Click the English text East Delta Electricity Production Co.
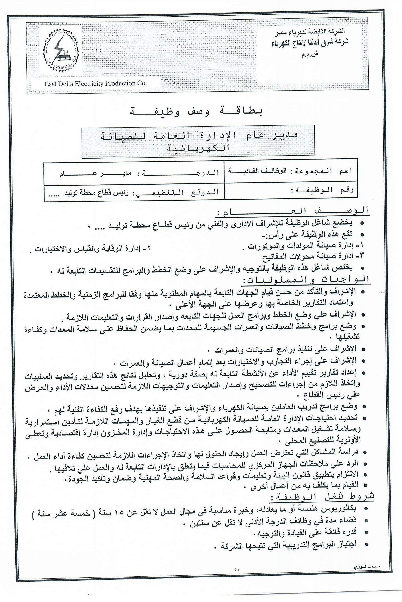pyautogui.click(x=95, y=84)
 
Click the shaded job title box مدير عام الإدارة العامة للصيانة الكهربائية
pyautogui.click(x=198, y=142)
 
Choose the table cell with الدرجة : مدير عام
pyautogui.click(x=134, y=173)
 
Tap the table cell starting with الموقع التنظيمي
pyautogui.click(x=134, y=192)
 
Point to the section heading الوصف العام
pyautogui.click(x=292, y=211)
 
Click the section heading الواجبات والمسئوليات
pyautogui.click(x=305, y=279)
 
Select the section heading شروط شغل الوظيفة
pyautogui.click(x=322, y=497)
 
